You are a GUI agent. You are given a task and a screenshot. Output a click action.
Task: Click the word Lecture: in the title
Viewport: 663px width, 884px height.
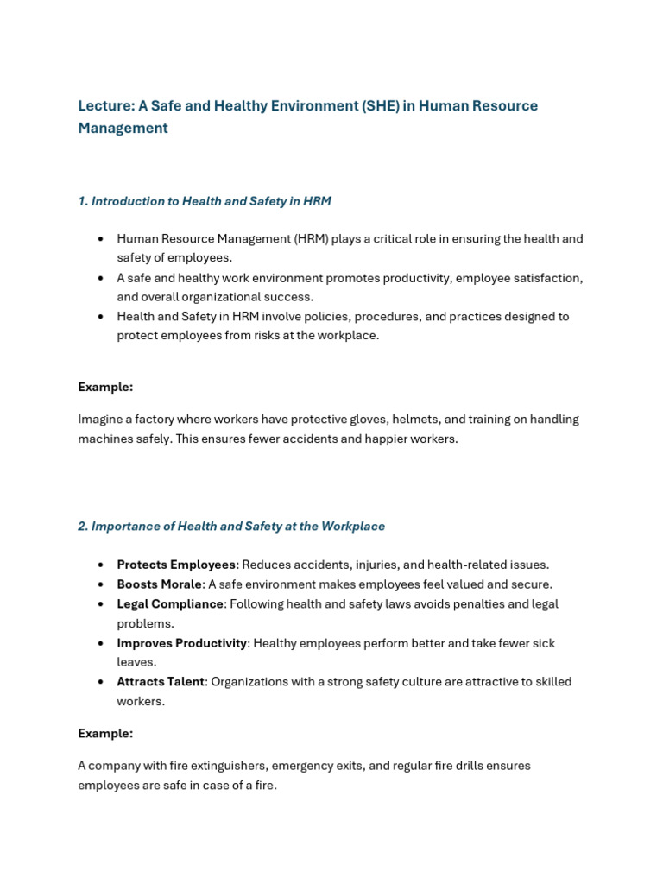click(106, 106)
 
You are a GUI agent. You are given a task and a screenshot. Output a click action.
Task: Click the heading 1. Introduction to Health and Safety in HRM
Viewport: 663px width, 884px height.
click(205, 201)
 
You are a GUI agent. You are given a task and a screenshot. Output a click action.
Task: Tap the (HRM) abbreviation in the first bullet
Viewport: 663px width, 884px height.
click(315, 239)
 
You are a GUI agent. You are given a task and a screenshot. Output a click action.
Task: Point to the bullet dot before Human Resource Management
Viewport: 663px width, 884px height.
click(101, 239)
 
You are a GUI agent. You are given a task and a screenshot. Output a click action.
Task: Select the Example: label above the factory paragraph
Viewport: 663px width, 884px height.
click(105, 387)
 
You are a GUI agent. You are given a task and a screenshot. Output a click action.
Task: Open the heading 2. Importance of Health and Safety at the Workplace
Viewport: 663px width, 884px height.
click(231, 527)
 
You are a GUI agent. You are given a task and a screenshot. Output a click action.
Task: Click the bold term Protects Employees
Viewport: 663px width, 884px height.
click(176, 565)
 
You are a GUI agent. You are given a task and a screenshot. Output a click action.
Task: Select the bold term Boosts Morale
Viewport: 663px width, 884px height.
click(159, 584)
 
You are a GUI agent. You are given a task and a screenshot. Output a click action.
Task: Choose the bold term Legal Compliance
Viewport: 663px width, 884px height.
click(170, 604)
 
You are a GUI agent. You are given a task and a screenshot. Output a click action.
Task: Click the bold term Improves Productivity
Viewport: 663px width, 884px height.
click(182, 643)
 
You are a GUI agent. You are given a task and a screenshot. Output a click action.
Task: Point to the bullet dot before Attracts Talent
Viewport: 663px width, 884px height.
click(101, 682)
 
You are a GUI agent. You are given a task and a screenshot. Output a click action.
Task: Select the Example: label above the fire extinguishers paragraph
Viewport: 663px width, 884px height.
click(105, 734)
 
